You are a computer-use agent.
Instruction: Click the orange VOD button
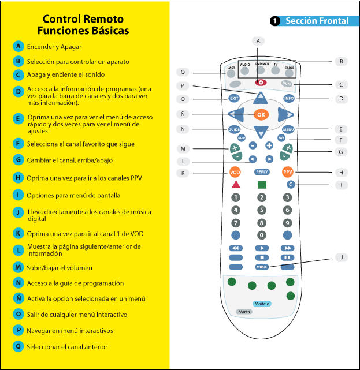tap(235, 172)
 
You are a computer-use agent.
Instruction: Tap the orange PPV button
tap(288, 172)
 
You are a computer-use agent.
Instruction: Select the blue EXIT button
tap(234, 98)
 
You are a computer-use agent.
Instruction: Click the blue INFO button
tap(289, 98)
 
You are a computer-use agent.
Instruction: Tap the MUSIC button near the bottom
tap(262, 267)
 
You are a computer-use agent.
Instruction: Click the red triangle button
tap(236, 185)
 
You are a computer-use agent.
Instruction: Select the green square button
tap(262, 185)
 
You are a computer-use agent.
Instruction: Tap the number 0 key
tap(262, 235)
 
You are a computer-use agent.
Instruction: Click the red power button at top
tap(261, 83)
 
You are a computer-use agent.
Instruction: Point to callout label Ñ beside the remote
tap(183, 114)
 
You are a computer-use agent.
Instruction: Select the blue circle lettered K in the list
tap(19, 233)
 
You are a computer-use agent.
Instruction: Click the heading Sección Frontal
tap(317, 21)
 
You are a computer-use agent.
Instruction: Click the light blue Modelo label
tap(261, 304)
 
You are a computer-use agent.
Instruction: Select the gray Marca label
tap(244, 311)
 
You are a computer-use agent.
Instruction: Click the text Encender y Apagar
tap(54, 47)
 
